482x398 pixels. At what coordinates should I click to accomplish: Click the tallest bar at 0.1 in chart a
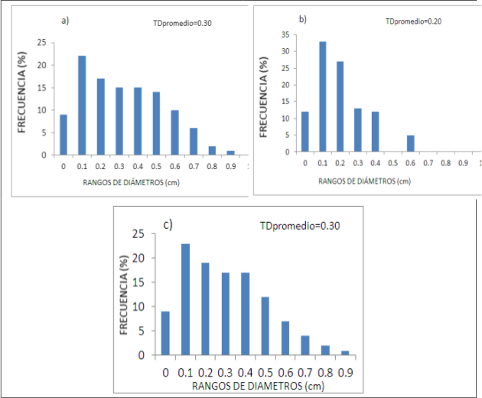click(x=82, y=105)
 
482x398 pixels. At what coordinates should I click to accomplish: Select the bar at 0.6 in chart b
click(x=411, y=143)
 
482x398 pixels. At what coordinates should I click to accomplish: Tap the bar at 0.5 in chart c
click(x=265, y=326)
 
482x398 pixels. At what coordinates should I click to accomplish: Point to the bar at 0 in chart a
click(x=64, y=135)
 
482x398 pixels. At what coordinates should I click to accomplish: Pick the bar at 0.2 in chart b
click(x=340, y=106)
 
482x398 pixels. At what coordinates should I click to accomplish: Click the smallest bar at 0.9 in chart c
click(x=345, y=353)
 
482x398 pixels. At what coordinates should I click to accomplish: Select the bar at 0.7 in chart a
click(x=194, y=142)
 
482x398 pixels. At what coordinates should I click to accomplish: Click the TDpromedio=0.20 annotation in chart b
click(x=413, y=21)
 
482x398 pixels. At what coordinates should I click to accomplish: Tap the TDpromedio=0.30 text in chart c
click(x=300, y=226)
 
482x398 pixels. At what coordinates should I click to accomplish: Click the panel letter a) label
click(x=65, y=21)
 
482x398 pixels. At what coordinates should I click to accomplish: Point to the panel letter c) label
click(x=168, y=225)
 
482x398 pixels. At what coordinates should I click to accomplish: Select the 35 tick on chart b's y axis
click(x=285, y=34)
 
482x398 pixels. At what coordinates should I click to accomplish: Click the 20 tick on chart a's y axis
click(x=42, y=65)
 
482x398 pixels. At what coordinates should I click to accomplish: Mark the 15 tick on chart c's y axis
click(x=138, y=282)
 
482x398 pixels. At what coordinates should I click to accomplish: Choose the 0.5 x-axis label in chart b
click(x=392, y=163)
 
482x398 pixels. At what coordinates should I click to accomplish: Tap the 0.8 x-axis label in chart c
click(x=325, y=373)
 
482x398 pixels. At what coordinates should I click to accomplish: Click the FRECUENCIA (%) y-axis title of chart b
click(x=264, y=97)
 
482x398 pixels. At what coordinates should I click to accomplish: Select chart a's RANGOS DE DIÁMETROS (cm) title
click(x=132, y=183)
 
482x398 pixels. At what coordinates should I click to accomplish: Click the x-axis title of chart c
click(x=259, y=386)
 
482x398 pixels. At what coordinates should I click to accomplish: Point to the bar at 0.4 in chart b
click(x=376, y=132)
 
